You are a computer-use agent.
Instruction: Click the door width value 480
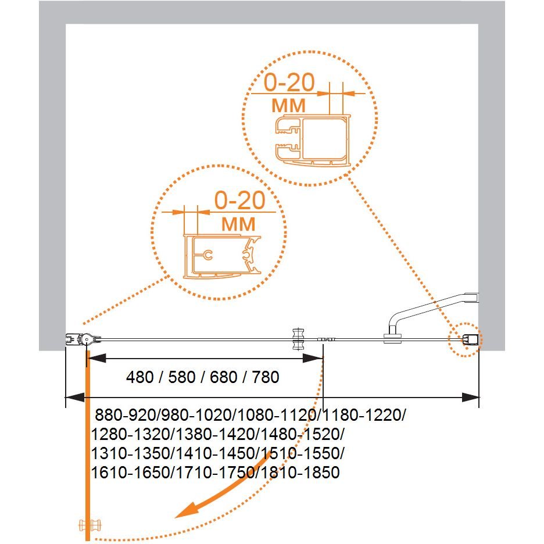pyautogui.click(x=140, y=377)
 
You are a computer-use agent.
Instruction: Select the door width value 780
pyautogui.click(x=266, y=377)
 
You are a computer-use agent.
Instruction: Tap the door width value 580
pyautogui.click(x=182, y=377)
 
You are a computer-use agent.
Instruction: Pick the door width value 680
pyautogui.click(x=224, y=377)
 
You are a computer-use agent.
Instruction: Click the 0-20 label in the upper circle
pyautogui.click(x=289, y=83)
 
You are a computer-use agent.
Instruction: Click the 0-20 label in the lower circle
pyautogui.click(x=239, y=200)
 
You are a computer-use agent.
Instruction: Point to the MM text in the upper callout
pyautogui.click(x=288, y=105)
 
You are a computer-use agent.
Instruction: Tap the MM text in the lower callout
pyautogui.click(x=238, y=224)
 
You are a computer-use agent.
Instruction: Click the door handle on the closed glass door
pyautogui.click(x=298, y=339)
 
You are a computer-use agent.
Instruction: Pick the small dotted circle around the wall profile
pyautogui.click(x=464, y=339)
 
